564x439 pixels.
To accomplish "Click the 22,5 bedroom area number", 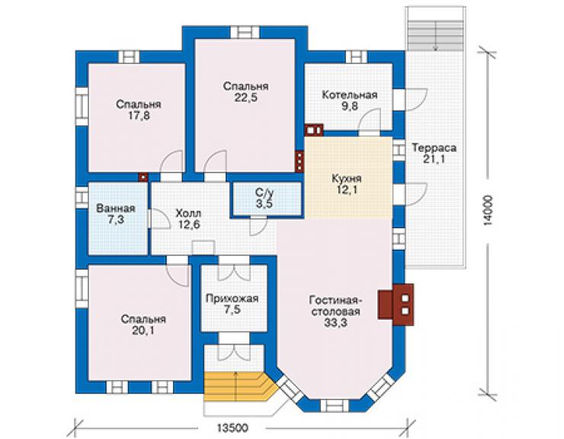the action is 246,97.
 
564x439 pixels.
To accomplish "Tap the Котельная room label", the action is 350,95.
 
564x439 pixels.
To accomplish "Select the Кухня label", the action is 347,179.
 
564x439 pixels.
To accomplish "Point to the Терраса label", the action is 434,148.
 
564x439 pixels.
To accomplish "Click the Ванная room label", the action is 116,208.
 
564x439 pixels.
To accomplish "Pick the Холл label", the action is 188,213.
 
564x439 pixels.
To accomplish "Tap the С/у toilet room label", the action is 264,192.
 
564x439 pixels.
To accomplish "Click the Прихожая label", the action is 232,299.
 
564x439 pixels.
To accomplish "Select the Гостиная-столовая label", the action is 336,305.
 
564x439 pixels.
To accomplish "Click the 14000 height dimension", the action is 488,211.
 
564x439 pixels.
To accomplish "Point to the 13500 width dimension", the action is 232,428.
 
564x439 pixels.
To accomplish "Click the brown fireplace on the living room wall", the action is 396,305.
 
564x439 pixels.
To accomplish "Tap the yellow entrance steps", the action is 237,387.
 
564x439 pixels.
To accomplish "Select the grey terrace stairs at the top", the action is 435,35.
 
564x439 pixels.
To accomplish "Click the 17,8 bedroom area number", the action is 139,115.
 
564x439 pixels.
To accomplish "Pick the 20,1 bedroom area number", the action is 143,330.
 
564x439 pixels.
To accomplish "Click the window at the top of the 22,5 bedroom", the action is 245,32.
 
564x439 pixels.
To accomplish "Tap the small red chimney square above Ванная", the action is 143,177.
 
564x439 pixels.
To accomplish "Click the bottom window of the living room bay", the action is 335,405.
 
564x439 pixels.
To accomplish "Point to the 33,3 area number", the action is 335,323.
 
